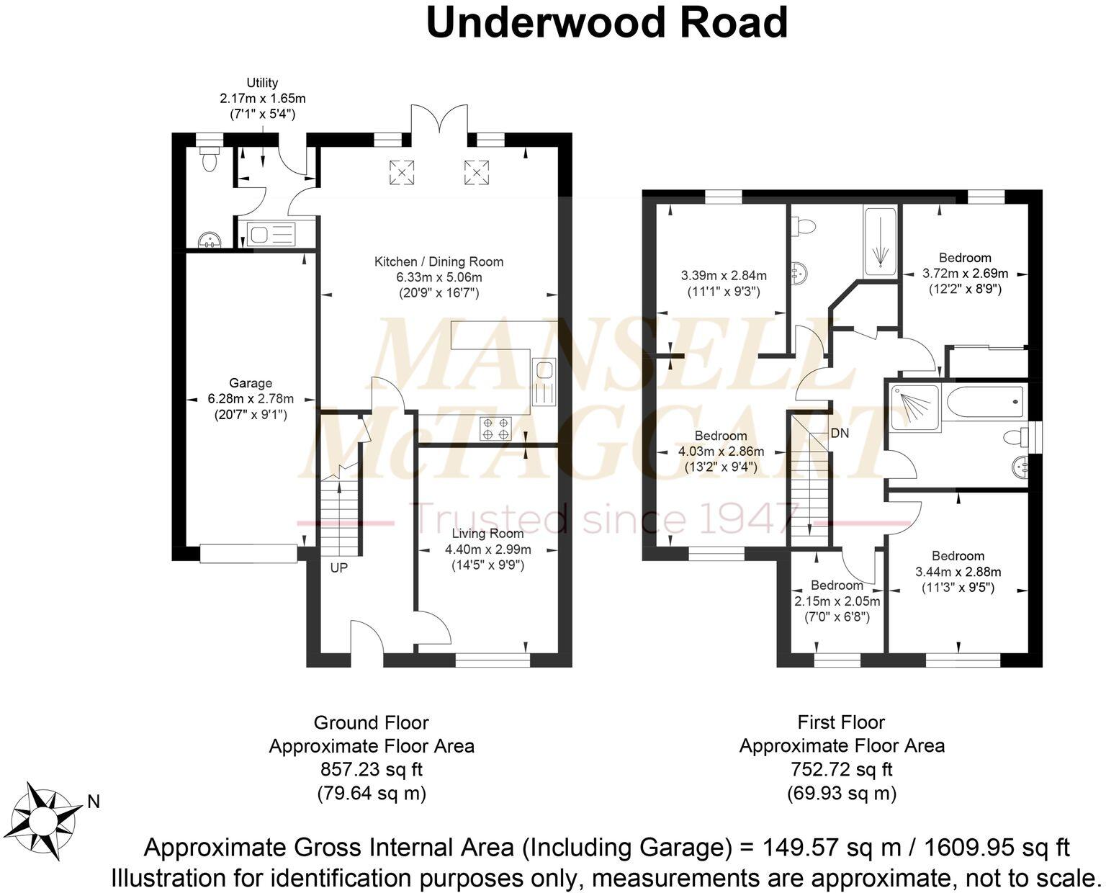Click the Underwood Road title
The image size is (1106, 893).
[x=607, y=23]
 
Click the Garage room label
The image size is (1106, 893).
[x=250, y=383]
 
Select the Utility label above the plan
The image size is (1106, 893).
[x=262, y=83]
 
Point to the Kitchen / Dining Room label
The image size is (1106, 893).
[x=439, y=261]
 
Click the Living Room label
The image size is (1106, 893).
[x=487, y=534]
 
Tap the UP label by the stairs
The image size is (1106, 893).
[x=338, y=567]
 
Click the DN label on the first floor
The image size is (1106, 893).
[x=839, y=434]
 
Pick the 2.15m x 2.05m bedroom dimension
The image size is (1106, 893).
[x=837, y=601]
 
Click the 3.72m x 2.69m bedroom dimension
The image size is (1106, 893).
[x=965, y=274]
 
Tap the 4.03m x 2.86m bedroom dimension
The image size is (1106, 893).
[x=721, y=452]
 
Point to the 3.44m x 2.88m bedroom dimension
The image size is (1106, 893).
[x=958, y=572]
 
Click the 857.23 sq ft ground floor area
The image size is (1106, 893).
[x=372, y=770]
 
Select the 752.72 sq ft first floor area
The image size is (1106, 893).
[x=842, y=770]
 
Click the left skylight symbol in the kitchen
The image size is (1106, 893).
[x=402, y=171]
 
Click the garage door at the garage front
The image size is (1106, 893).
[x=248, y=553]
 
